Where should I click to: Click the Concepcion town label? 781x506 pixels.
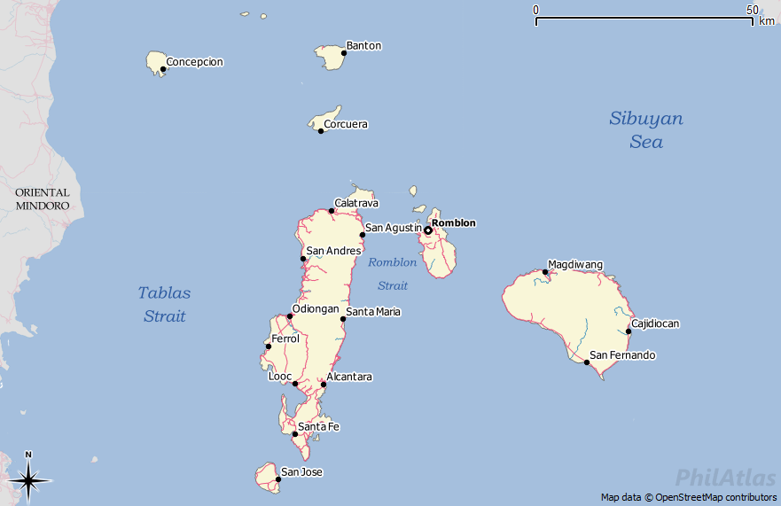pyautogui.click(x=194, y=62)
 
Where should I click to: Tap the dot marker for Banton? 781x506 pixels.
pyautogui.click(x=344, y=53)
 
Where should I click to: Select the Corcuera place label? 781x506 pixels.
pyautogui.click(x=345, y=125)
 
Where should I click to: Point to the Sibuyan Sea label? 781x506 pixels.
pyautogui.click(x=646, y=129)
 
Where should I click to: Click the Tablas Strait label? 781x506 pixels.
pyautogui.click(x=164, y=304)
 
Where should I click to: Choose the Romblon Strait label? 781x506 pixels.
pyautogui.click(x=392, y=274)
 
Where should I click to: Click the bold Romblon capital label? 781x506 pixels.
pyautogui.click(x=453, y=223)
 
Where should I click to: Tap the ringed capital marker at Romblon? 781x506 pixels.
pyautogui.click(x=427, y=230)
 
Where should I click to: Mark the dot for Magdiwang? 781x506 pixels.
pyautogui.click(x=545, y=272)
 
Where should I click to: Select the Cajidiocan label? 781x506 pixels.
pyautogui.click(x=655, y=324)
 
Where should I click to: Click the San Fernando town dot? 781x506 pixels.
pyautogui.click(x=586, y=362)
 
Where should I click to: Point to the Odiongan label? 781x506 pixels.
pyautogui.click(x=316, y=309)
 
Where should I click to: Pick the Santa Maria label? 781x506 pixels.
pyautogui.click(x=373, y=312)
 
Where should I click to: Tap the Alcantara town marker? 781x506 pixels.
pyautogui.click(x=324, y=385)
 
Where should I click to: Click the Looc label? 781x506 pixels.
pyautogui.click(x=279, y=377)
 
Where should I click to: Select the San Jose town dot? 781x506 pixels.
pyautogui.click(x=278, y=479)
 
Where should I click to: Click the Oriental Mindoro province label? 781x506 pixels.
pyautogui.click(x=42, y=199)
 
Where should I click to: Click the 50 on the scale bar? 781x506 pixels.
pyautogui.click(x=752, y=10)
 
